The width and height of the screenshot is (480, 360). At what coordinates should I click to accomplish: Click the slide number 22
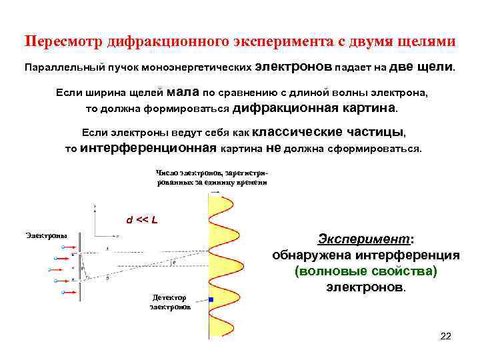[446, 336]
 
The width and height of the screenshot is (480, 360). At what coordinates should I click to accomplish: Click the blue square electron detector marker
[211, 299]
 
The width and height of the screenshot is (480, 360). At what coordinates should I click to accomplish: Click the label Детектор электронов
[170, 302]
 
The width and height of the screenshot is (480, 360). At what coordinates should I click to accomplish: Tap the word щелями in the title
[427, 41]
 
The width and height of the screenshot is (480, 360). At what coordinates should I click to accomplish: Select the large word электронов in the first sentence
[293, 67]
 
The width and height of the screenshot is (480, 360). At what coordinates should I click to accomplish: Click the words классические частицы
[330, 131]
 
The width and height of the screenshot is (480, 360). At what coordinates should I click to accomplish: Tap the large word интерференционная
[148, 147]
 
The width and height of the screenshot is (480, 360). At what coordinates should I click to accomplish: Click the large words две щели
[421, 67]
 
